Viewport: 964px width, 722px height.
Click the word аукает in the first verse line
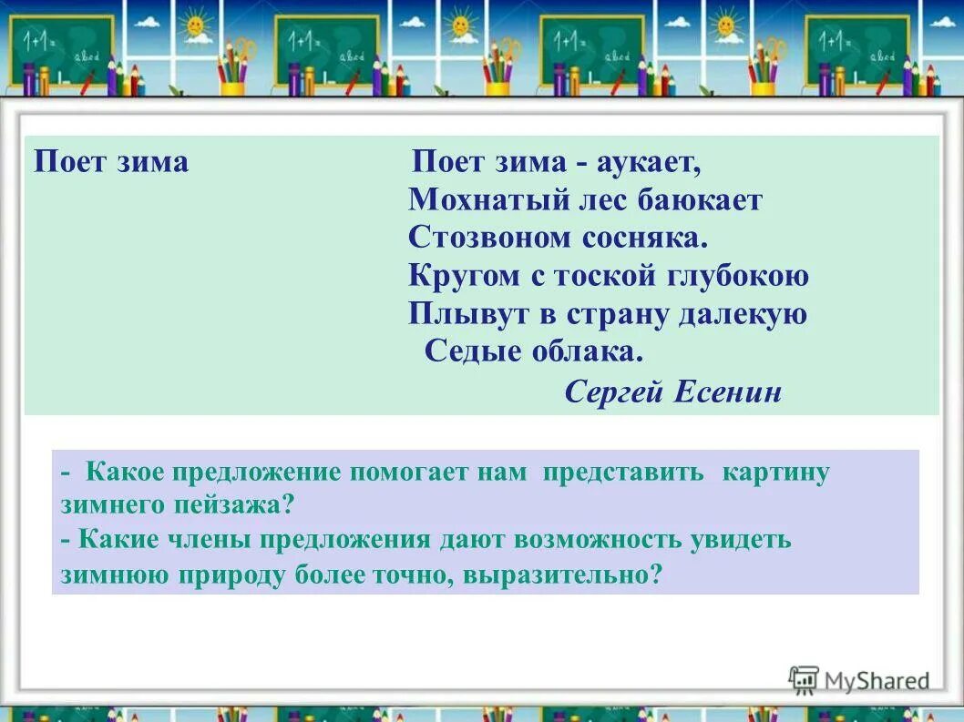click(649, 163)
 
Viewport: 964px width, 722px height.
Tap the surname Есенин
click(728, 392)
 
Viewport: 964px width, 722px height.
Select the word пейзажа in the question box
click(239, 503)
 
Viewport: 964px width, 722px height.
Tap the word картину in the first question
click(775, 473)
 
